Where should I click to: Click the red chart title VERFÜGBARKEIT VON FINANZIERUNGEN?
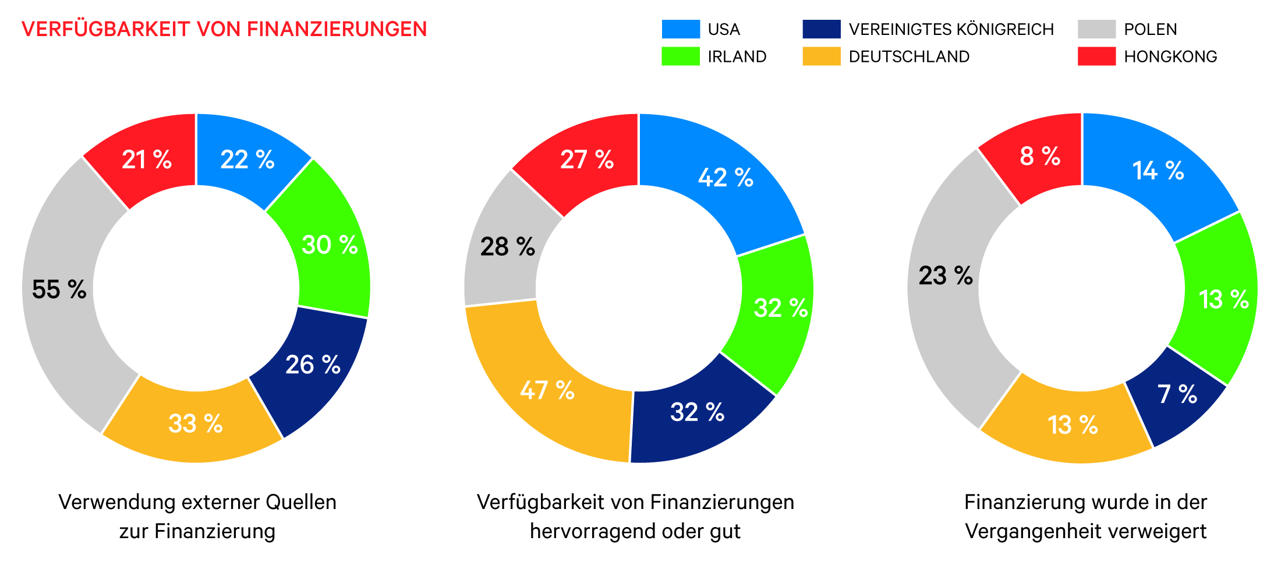pyautogui.click(x=224, y=29)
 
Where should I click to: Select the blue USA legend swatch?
pyautogui.click(x=681, y=29)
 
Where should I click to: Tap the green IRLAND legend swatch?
pyautogui.click(x=681, y=56)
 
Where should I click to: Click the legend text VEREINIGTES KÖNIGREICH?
pyautogui.click(x=951, y=29)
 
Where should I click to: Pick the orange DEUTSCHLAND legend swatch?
pyautogui.click(x=821, y=56)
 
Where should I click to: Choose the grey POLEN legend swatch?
pyautogui.click(x=1096, y=29)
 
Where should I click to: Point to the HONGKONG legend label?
pyautogui.click(x=1170, y=56)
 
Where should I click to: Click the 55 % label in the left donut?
pyautogui.click(x=59, y=289)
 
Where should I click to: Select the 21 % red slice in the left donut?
pyautogui.click(x=147, y=160)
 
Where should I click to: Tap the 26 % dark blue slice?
pyautogui.click(x=313, y=365)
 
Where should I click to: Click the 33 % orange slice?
pyautogui.click(x=196, y=423)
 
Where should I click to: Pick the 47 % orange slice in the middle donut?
pyautogui.click(x=547, y=390)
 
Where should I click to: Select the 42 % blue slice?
pyautogui.click(x=726, y=178)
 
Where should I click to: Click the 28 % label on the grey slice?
pyautogui.click(x=507, y=247)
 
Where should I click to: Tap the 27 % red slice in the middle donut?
pyautogui.click(x=587, y=160)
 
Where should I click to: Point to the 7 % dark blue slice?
pyautogui.click(x=1176, y=394)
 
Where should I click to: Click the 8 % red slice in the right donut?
pyautogui.click(x=1040, y=156)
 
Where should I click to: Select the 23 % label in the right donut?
pyautogui.click(x=946, y=275)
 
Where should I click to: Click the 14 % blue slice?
pyautogui.click(x=1158, y=171)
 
